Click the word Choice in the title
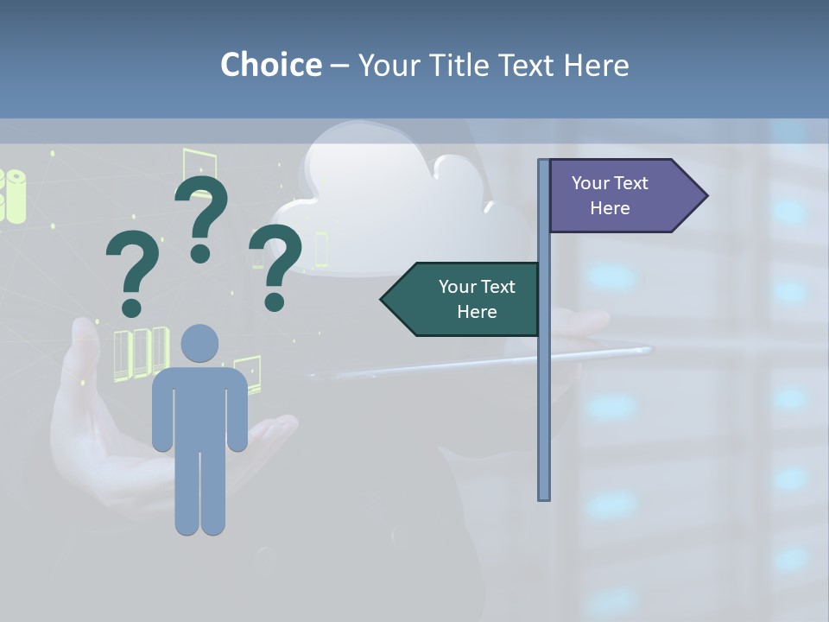point(270,65)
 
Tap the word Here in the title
point(596,65)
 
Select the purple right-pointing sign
point(617,195)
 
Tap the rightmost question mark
point(275,263)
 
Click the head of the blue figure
point(200,343)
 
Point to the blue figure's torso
point(200,406)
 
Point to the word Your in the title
point(385,65)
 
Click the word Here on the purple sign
point(610,208)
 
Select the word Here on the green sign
point(477,312)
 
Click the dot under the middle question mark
point(200,253)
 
